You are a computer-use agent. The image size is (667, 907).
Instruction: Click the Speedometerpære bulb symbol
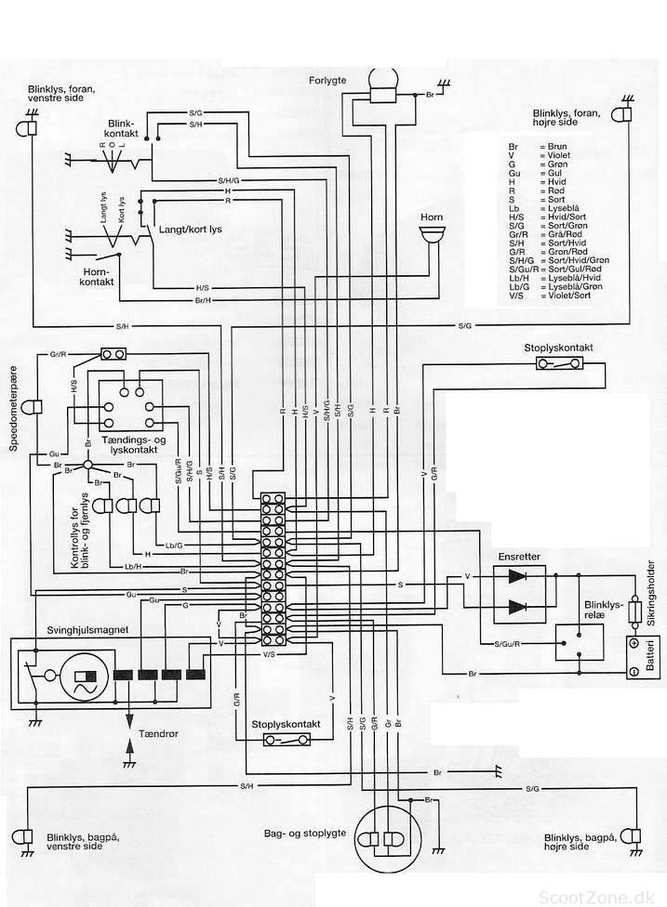click(x=33, y=407)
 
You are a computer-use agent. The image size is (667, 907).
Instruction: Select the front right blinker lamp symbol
click(x=620, y=114)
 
